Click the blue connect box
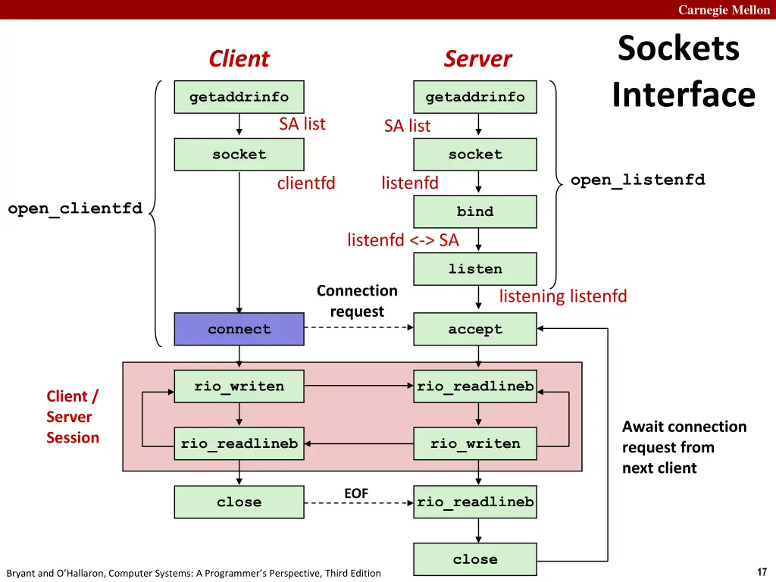pos(239,330)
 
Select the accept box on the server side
pos(475,330)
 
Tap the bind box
pos(475,211)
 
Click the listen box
pos(475,269)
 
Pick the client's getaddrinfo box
pos(239,97)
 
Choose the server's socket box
pos(475,155)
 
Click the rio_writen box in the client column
pos(239,386)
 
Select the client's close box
pos(239,502)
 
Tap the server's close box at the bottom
pos(475,559)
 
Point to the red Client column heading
pos(239,59)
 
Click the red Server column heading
pos(477,59)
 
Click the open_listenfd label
pos(637,180)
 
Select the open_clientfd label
pos(75,208)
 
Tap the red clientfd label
pos(306,183)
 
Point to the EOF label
pos(356,493)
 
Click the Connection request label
pos(357,301)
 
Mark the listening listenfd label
pos(563,296)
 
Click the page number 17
pos(762,572)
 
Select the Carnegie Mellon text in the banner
pos(724,10)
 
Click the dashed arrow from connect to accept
pos(358,328)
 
